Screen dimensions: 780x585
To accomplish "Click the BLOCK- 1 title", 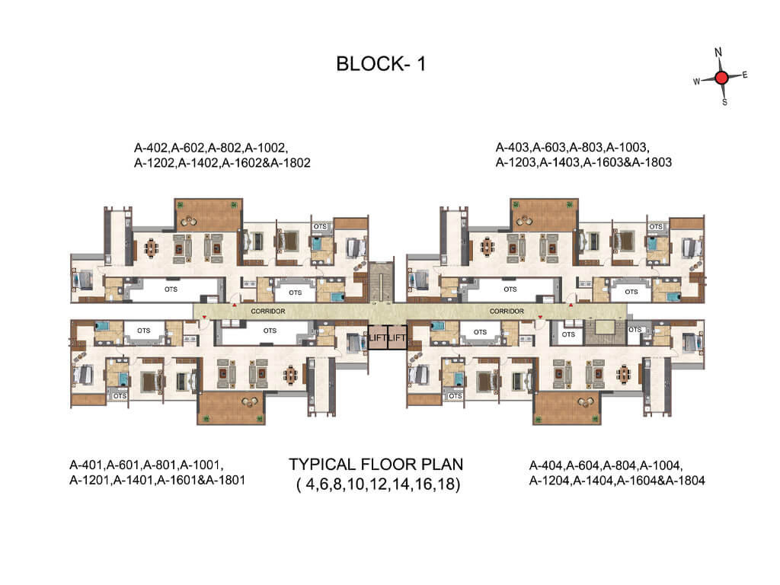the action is (x=381, y=64).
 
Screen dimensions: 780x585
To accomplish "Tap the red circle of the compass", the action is (x=722, y=78).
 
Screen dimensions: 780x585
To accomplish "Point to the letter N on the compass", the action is (x=718, y=53).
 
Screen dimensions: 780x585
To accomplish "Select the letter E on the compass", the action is (x=745, y=75).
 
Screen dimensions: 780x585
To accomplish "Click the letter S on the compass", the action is (x=725, y=102).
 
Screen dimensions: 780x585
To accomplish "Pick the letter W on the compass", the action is (x=697, y=81).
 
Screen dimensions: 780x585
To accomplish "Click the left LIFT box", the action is (x=378, y=337).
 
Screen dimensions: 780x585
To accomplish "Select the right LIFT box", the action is (x=397, y=337).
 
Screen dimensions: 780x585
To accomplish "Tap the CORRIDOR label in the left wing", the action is (x=268, y=311).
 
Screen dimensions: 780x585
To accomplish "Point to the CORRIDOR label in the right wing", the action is (x=507, y=311).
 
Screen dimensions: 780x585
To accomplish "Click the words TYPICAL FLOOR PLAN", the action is (x=376, y=464).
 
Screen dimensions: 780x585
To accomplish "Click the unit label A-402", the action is (x=152, y=148).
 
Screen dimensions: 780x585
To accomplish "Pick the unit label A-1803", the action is (x=652, y=162).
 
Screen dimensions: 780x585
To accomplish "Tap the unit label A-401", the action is (x=87, y=465).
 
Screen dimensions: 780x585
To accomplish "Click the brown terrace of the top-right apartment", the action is (x=544, y=215).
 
